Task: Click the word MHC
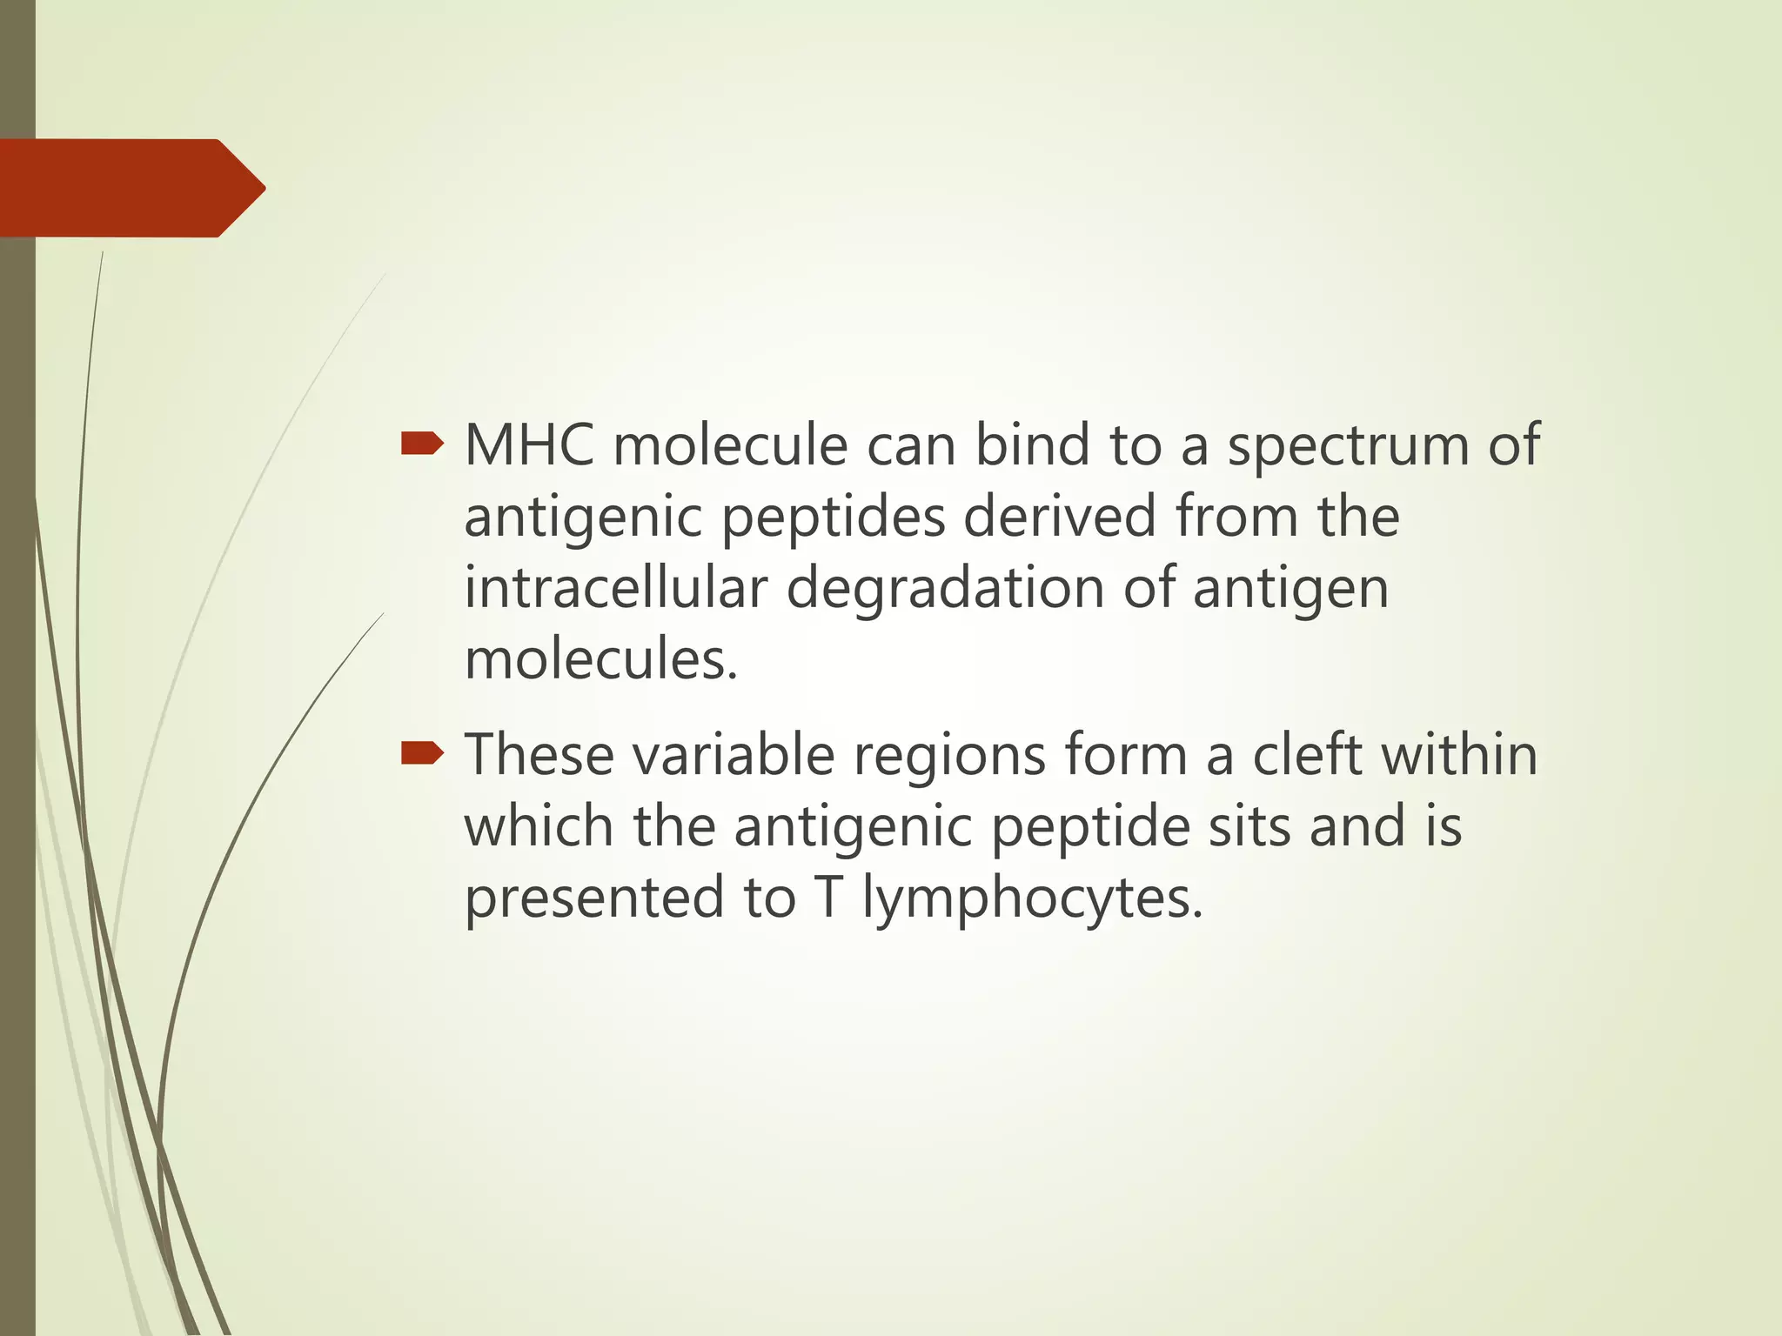529,445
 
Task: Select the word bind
1032,445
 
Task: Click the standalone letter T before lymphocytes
829,897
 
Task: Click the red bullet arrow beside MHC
422,445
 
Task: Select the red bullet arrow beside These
422,754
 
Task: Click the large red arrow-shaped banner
131,188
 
